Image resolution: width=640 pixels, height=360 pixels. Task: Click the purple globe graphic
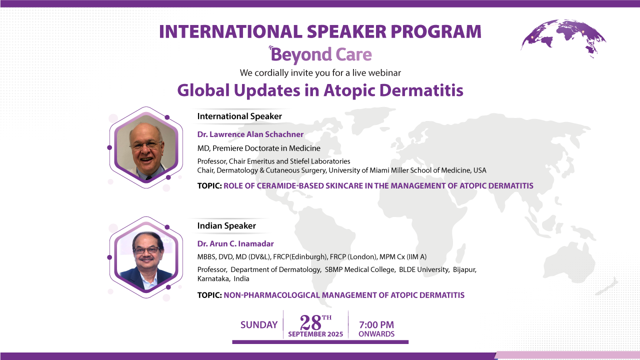[563, 39]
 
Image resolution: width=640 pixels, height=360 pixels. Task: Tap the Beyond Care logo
[320, 54]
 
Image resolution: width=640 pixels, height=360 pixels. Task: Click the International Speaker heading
[239, 116]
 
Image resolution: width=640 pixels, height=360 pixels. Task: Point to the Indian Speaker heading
[226, 225]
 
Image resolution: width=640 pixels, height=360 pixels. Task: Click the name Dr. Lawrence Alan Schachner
[250, 134]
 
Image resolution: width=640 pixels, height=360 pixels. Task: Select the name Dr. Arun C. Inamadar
[235, 244]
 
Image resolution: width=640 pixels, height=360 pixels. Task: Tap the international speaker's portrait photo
[145, 147]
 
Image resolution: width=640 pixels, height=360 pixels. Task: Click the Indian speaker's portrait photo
[145, 257]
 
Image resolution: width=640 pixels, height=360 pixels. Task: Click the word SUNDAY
[259, 325]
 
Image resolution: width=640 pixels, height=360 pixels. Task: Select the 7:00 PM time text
[376, 324]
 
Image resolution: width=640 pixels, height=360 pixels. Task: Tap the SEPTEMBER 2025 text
[315, 334]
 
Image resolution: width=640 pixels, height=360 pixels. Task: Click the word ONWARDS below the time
[376, 334]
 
